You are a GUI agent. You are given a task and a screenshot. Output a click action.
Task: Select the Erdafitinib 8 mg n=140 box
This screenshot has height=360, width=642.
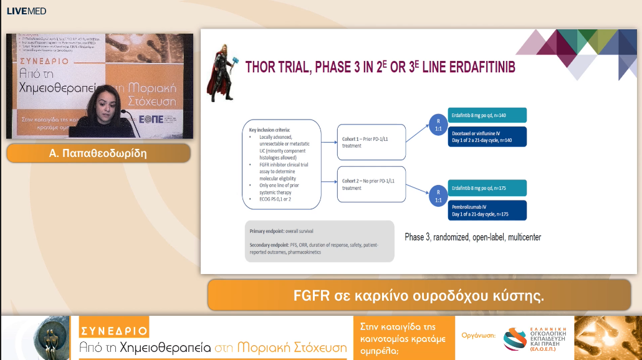pos(486,115)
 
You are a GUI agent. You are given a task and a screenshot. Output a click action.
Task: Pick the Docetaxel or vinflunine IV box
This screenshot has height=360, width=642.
pos(486,136)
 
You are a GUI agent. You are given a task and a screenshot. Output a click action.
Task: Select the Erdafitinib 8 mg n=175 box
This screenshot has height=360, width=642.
pos(486,187)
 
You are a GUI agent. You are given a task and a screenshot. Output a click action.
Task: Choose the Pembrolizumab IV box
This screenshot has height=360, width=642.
pos(486,209)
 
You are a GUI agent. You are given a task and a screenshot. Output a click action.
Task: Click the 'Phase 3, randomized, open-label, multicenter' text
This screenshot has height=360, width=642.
pos(473,237)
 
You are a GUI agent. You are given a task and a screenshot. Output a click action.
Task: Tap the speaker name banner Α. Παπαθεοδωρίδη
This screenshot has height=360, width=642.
pos(98,153)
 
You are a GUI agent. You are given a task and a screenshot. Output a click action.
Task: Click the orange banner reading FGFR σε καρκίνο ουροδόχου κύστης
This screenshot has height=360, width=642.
pos(419,295)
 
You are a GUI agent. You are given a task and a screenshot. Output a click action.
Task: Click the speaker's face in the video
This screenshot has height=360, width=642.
pos(102,100)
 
